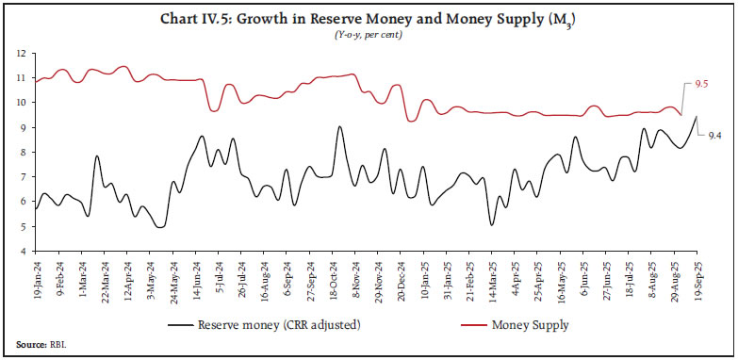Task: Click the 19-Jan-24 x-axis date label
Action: coord(36,277)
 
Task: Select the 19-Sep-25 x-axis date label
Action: coord(697,277)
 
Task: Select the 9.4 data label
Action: coord(714,137)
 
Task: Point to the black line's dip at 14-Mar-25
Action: coord(492,224)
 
